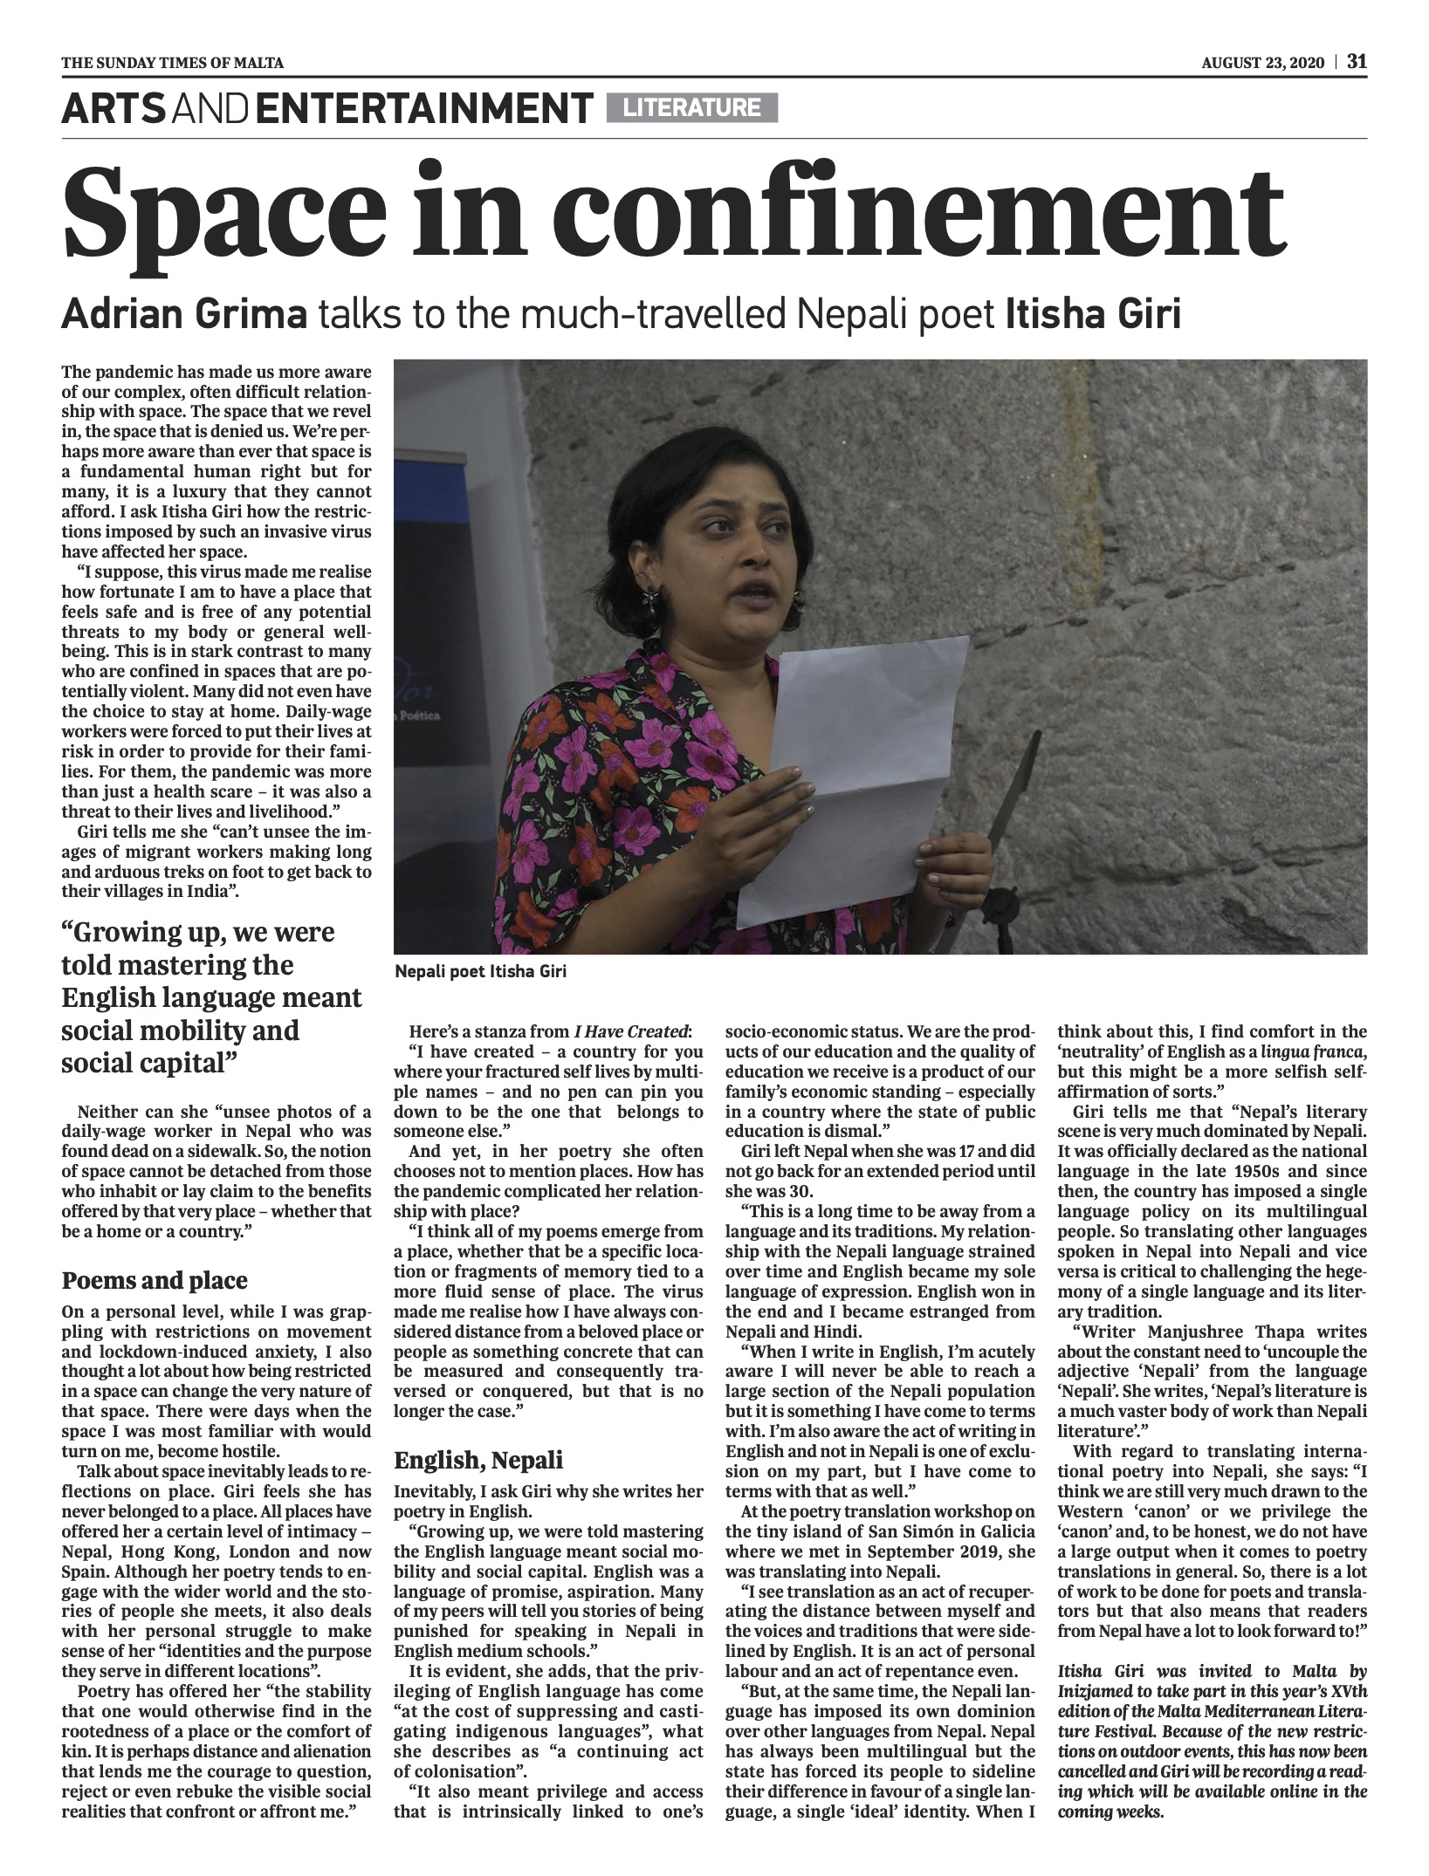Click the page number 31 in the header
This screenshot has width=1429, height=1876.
[1357, 61]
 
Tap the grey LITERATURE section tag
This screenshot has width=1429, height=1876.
[691, 107]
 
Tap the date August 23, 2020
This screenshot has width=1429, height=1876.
[1265, 62]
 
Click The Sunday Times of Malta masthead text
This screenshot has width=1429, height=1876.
[172, 62]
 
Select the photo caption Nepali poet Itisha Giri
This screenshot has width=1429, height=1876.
[480, 971]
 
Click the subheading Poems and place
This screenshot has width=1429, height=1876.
[155, 1280]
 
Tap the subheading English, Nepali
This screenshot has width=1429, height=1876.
[478, 1460]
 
